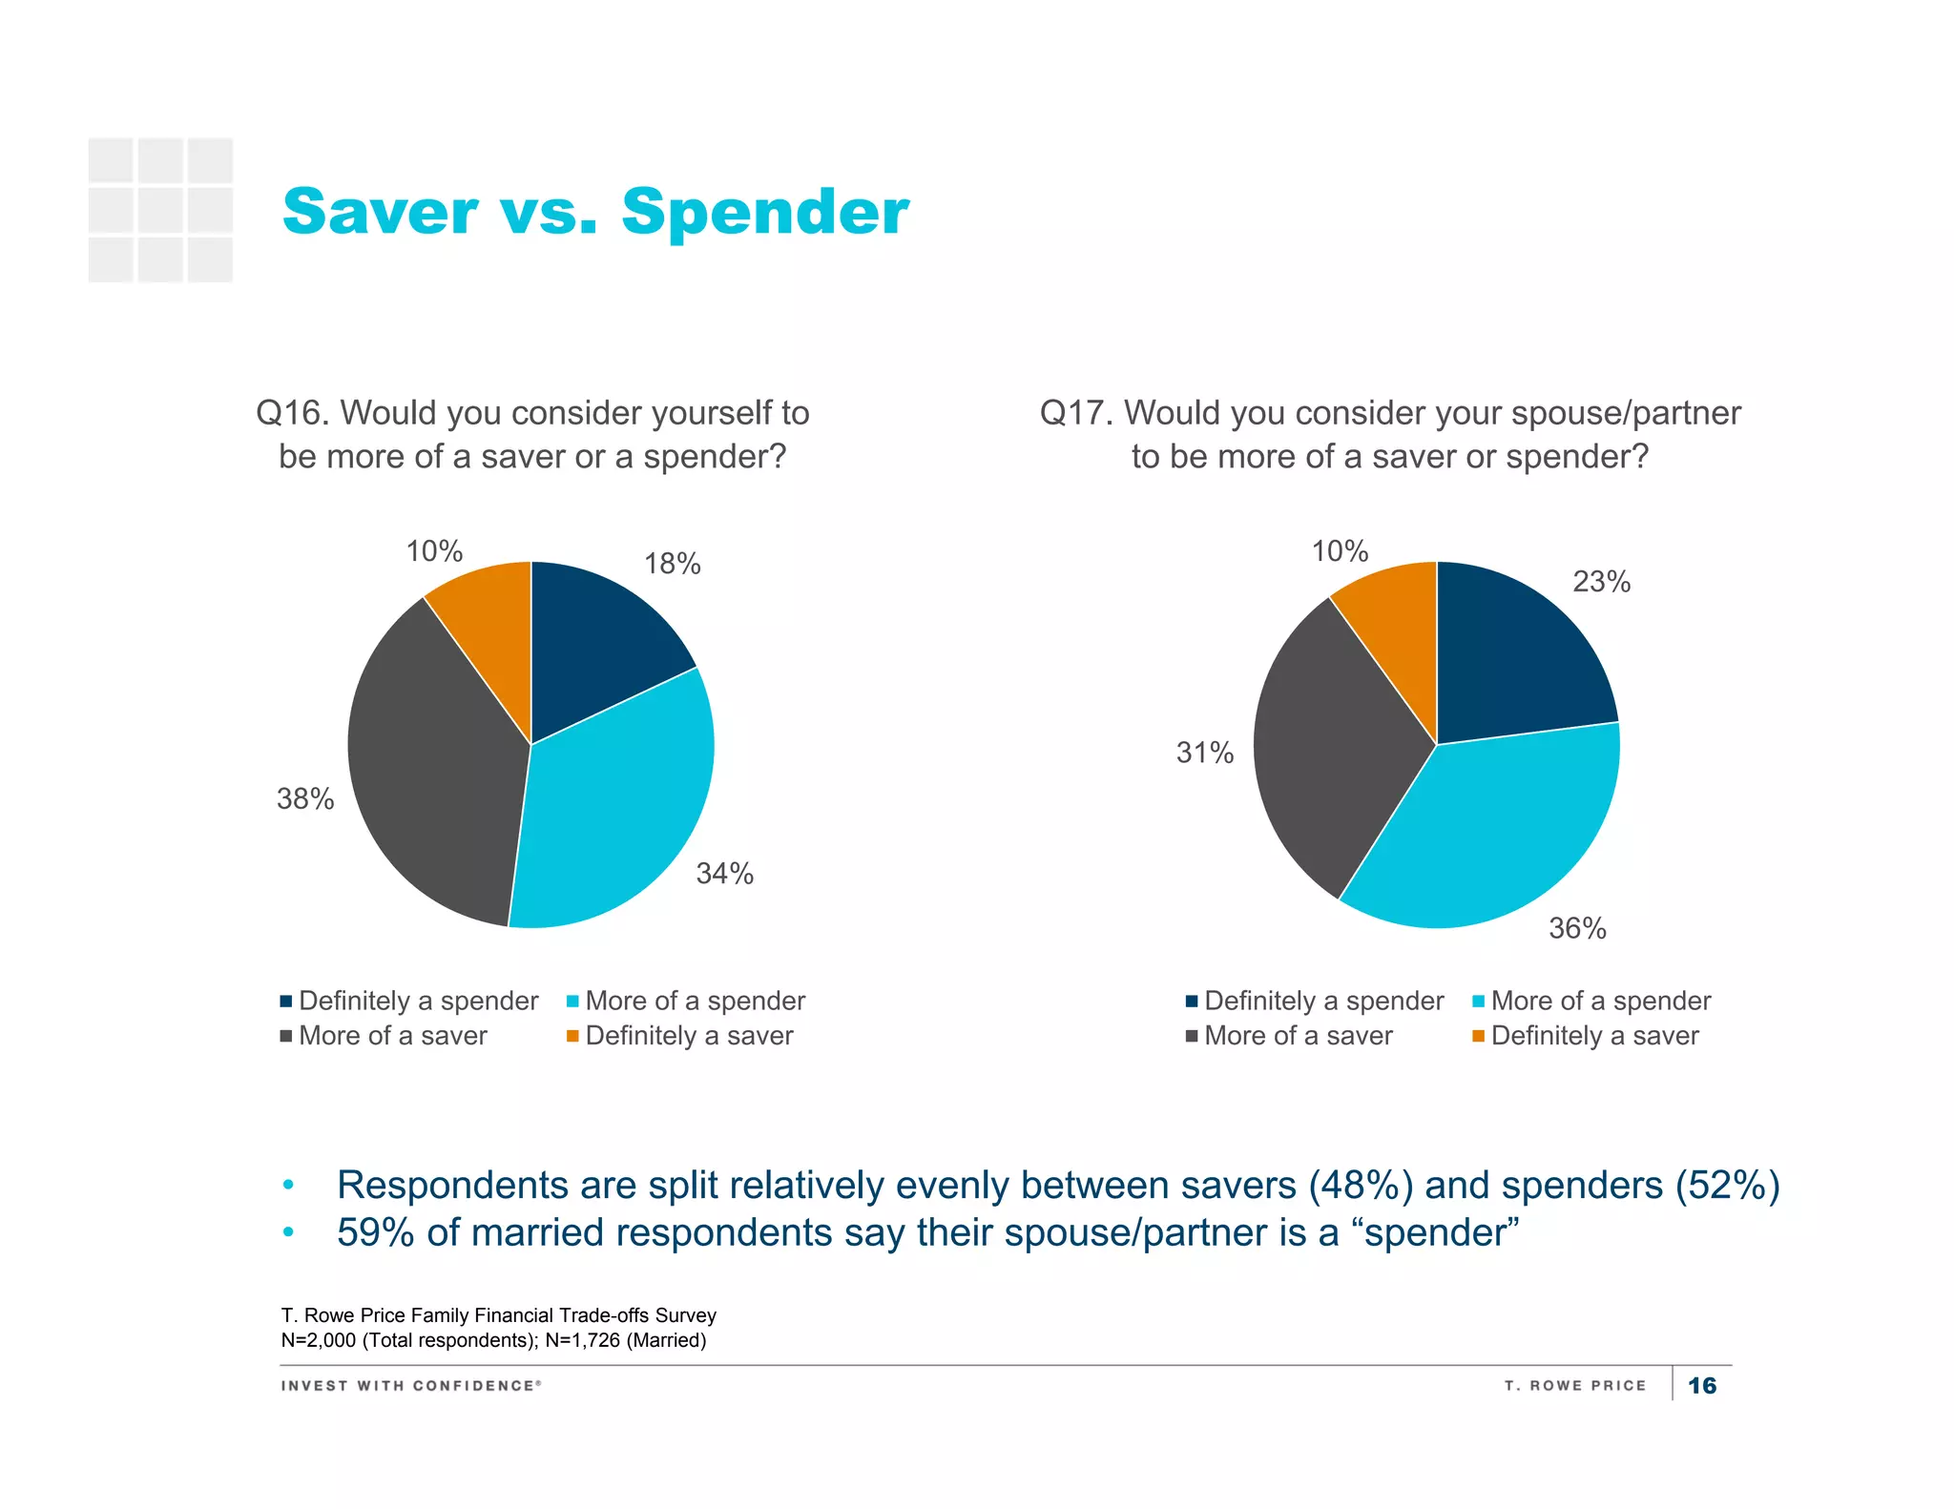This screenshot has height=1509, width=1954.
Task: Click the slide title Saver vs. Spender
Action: coord(595,211)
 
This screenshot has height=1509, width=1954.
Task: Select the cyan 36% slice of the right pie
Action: coord(1498,830)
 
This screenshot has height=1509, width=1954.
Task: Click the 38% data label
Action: coord(305,798)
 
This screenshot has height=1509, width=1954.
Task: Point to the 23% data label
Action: coord(1601,581)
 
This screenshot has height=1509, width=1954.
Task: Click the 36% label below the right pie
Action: coord(1577,928)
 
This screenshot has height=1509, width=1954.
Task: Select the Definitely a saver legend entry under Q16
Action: coord(688,1036)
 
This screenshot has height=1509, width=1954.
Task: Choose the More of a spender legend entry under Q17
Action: coord(1600,1001)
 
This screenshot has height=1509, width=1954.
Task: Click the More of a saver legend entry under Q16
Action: coord(392,1036)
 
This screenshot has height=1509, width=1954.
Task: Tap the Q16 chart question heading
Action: coord(532,434)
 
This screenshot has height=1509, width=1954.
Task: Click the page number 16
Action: coord(1701,1386)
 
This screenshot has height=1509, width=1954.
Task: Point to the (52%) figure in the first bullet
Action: coord(1727,1185)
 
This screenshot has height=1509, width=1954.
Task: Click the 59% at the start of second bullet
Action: coord(375,1232)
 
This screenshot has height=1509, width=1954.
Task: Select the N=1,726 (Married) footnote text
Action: coord(625,1340)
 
